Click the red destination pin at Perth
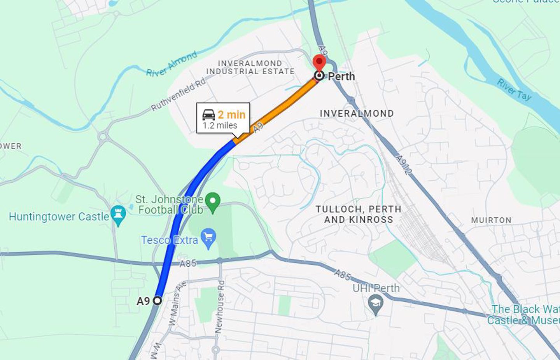[x=319, y=62]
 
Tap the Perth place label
[x=341, y=76]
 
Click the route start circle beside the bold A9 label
[x=157, y=301]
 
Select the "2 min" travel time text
[x=231, y=115]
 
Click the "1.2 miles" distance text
[x=220, y=126]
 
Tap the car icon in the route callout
[x=209, y=115]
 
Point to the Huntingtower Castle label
[x=59, y=217]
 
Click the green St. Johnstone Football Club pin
[x=213, y=202]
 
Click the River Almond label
[x=171, y=64]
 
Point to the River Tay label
[x=514, y=89]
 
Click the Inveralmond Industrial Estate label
[x=250, y=67]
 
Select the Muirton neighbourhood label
[x=491, y=220]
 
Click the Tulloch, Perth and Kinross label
[x=358, y=214]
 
